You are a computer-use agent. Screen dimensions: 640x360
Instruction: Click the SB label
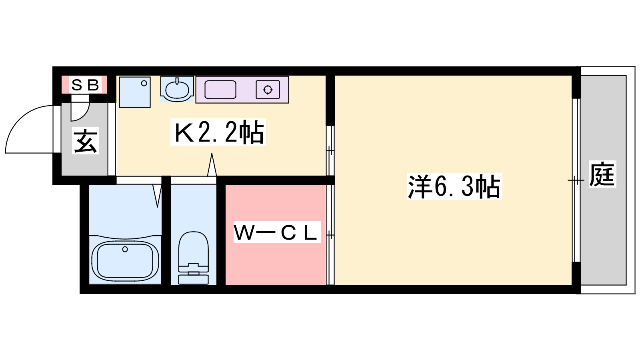[85, 84]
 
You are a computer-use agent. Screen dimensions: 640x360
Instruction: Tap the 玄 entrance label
[85, 140]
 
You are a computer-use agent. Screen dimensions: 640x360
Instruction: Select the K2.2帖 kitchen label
[218, 132]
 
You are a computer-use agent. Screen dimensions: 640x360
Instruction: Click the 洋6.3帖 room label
[454, 186]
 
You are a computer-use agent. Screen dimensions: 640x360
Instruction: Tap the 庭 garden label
[602, 174]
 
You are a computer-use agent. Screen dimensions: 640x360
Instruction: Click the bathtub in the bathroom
[125, 260]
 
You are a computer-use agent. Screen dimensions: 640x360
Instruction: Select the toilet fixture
[194, 258]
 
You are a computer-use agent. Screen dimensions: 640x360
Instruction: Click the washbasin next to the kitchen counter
[177, 89]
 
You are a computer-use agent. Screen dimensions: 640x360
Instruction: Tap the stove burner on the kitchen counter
[268, 90]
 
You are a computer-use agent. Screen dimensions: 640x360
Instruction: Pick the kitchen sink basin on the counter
[220, 90]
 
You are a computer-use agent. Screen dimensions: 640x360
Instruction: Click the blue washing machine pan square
[134, 92]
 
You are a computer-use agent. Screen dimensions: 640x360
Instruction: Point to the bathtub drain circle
[125, 250]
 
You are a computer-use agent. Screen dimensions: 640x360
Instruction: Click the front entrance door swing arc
[20, 120]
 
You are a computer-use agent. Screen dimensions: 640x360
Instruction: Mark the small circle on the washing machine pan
[144, 83]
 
